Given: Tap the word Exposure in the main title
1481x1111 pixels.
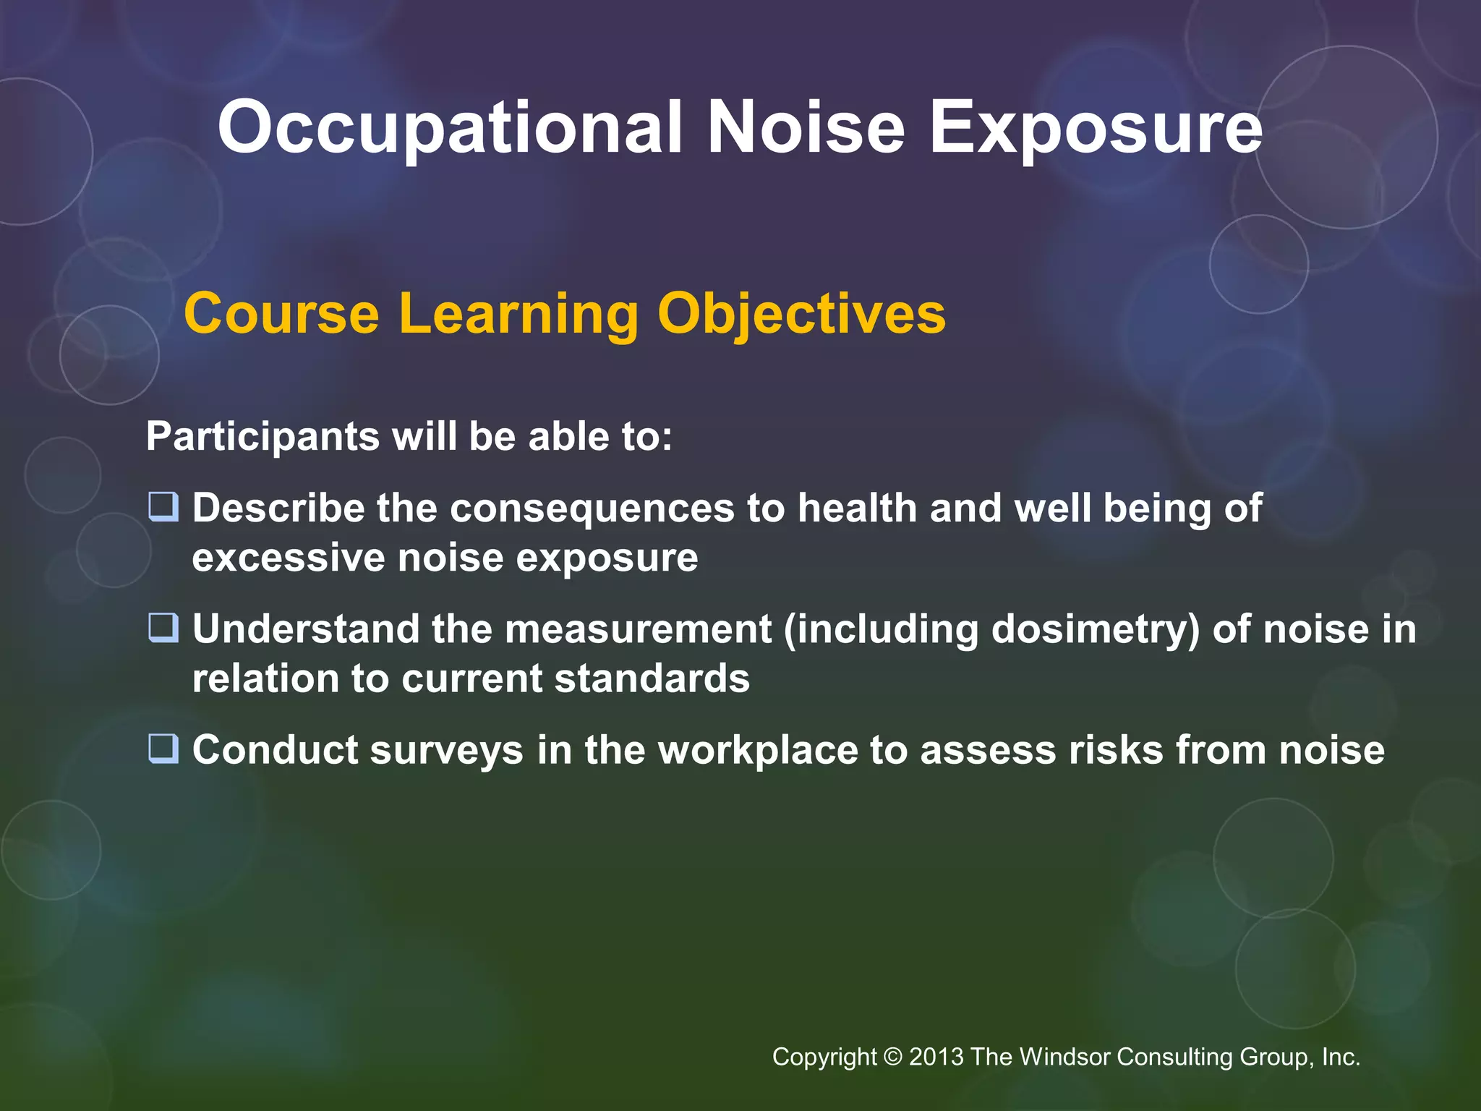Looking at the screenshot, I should click(1095, 129).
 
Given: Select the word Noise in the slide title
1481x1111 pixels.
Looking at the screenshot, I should click(806, 127).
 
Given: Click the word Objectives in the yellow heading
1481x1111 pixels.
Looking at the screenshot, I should click(801, 314).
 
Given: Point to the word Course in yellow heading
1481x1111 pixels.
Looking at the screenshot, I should click(281, 314).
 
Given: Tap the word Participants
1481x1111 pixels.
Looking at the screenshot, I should click(263, 437).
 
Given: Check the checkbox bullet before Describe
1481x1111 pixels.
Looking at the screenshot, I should click(163, 507).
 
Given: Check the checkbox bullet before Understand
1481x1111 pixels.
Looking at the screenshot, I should click(163, 628).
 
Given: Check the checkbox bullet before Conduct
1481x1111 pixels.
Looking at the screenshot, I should click(163, 749).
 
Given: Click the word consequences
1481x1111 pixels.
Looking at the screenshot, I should click(592, 508).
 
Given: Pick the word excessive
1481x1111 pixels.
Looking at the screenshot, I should click(289, 558).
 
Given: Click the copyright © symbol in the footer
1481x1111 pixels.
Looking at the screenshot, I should click(893, 1057).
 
